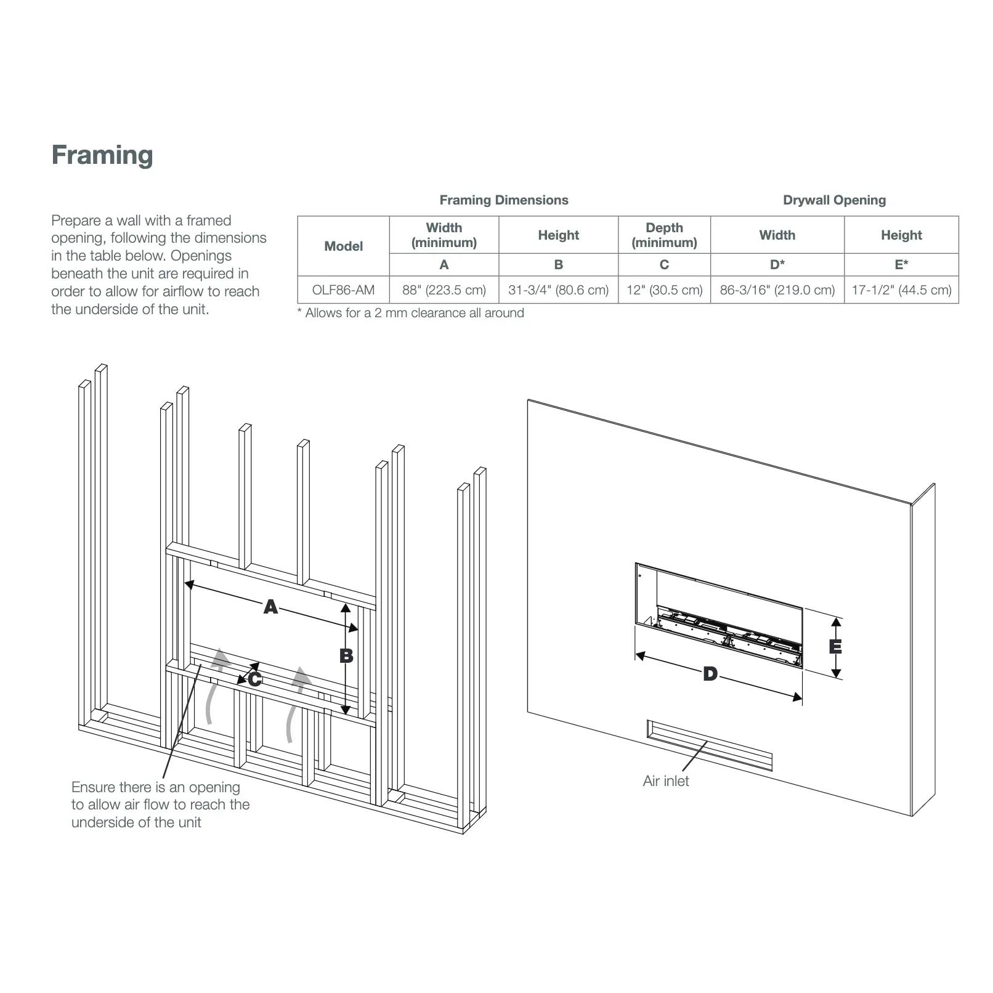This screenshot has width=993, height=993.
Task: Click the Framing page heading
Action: pos(102,155)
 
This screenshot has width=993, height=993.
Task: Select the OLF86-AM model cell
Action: pos(343,290)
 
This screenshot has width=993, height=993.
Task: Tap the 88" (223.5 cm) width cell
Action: pos(444,290)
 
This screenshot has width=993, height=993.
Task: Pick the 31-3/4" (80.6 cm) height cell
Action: pos(558,290)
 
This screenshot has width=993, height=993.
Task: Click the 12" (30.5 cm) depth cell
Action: pos(664,290)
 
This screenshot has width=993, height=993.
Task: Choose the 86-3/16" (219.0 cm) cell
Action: pos(777,290)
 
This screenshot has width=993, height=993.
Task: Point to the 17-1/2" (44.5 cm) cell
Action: pos(901,290)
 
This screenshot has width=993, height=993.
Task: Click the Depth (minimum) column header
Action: pos(664,235)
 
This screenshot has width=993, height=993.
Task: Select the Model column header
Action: pos(343,246)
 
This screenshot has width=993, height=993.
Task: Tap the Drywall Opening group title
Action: pos(834,200)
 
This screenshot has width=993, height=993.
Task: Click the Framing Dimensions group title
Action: pos(503,200)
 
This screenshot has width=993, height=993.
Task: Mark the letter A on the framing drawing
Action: pos(270,607)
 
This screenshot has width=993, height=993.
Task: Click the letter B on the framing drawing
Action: pos(346,656)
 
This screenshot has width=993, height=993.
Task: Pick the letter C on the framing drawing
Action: pos(254,679)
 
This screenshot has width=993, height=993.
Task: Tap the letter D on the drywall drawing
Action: pos(710,674)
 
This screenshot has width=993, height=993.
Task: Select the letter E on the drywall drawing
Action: pos(835,647)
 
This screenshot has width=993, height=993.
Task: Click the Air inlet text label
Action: pos(665,781)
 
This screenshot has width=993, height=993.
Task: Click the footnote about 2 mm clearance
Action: pos(411,313)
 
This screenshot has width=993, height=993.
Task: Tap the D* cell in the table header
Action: pos(777,265)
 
